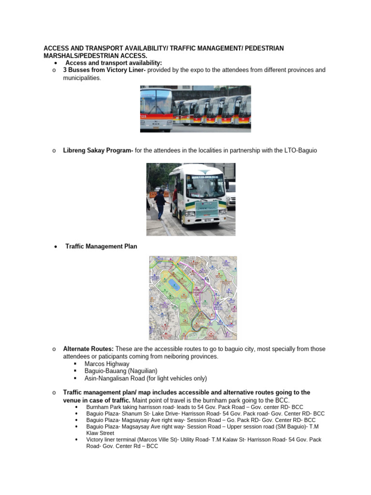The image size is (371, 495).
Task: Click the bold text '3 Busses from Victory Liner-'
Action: tap(104, 70)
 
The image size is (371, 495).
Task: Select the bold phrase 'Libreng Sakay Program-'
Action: tap(98, 151)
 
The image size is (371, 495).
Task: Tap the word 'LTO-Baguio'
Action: tap(300, 151)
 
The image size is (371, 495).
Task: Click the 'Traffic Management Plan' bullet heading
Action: tap(101, 247)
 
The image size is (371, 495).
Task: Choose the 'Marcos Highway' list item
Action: tap(107, 364)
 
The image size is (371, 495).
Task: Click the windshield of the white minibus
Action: tap(205, 186)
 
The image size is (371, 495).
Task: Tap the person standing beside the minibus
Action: tap(159, 203)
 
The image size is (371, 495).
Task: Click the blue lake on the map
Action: tap(174, 285)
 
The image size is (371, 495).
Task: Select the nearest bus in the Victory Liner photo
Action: tap(156, 109)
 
